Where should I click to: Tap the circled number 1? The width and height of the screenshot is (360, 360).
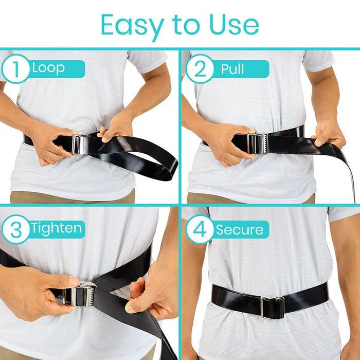pyautogui.click(x=16, y=68)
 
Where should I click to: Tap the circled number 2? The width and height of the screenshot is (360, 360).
pyautogui.click(x=200, y=68)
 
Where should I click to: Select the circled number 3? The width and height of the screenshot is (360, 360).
pyautogui.click(x=16, y=229)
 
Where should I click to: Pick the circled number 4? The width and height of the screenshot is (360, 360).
pyautogui.click(x=200, y=229)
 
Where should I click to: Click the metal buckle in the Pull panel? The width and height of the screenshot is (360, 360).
pyautogui.click(x=257, y=143)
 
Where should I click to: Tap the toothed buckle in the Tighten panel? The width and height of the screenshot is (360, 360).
pyautogui.click(x=85, y=295)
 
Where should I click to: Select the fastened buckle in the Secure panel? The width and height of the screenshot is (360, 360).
pyautogui.click(x=272, y=307)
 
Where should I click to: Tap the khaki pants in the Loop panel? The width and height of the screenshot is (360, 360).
pyautogui.click(x=72, y=198)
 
